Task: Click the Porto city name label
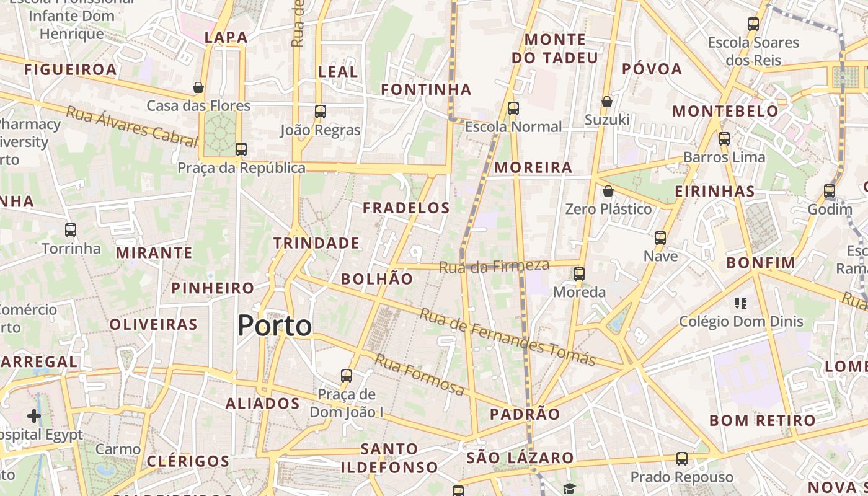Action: point(275,325)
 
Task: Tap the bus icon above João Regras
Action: point(321,112)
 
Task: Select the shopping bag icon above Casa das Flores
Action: point(198,87)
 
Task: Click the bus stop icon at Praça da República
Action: point(241,149)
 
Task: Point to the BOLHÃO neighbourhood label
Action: point(377,279)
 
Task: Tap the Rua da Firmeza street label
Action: point(494,267)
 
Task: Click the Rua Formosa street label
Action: point(419,374)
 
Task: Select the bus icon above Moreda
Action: point(579,273)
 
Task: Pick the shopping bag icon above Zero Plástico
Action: point(608,191)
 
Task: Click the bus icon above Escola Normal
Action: point(513,108)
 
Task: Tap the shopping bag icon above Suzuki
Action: point(607,102)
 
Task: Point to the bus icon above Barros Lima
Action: point(724,139)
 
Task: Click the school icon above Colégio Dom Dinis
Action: point(740,303)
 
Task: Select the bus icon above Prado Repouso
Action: point(682,459)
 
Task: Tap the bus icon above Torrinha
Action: point(71,230)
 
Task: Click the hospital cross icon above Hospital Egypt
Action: point(34,416)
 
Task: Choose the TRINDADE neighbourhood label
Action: point(317,243)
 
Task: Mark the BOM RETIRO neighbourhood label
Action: point(762,420)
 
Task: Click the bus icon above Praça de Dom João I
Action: point(347,376)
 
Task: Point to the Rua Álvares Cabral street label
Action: point(131,126)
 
